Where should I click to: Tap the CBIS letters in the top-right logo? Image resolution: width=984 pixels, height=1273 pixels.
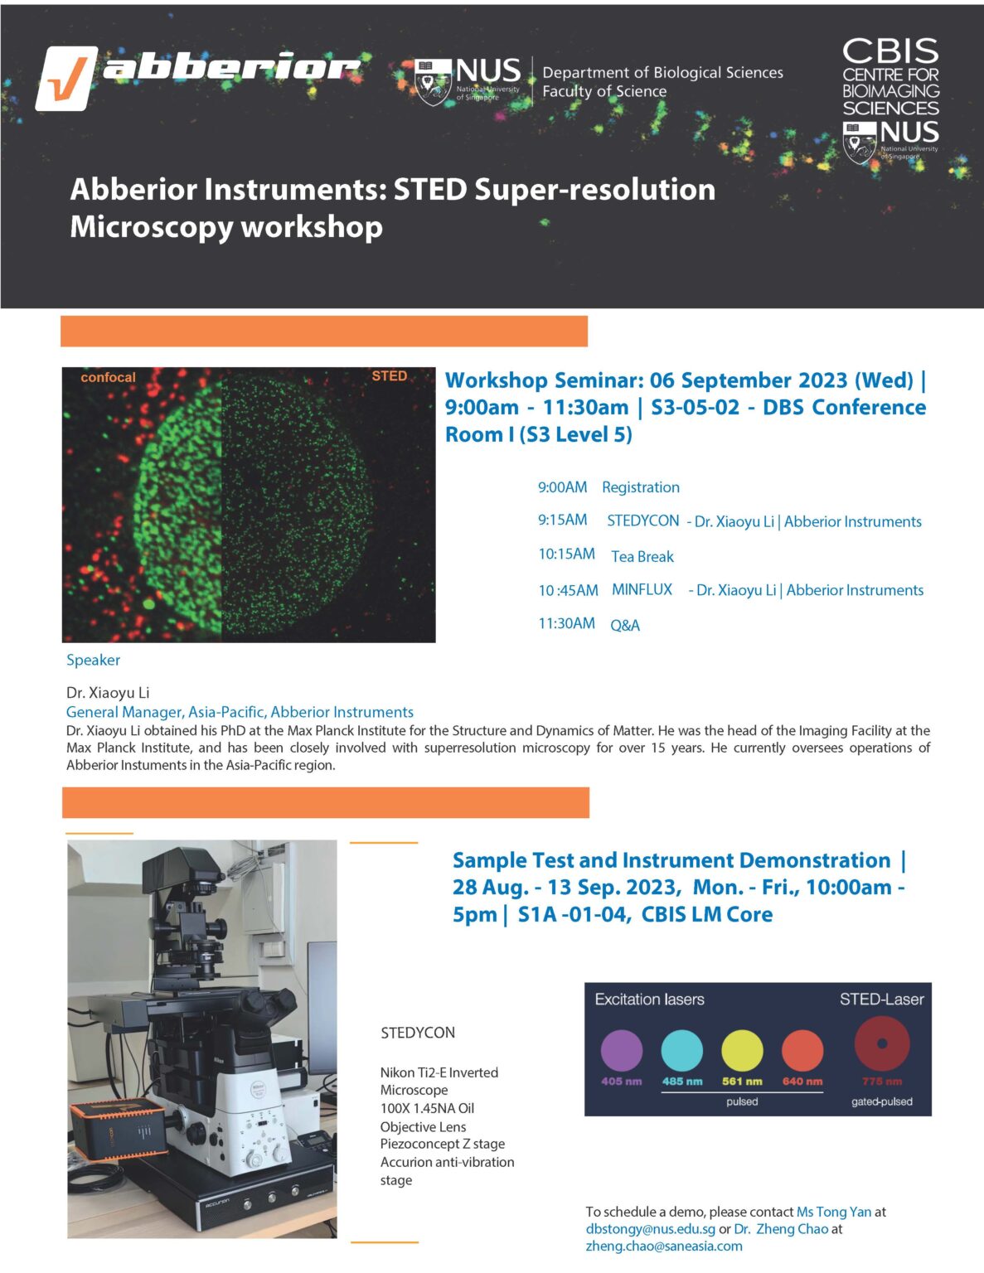(890, 51)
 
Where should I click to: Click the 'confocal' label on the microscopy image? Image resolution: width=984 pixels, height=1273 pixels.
(108, 377)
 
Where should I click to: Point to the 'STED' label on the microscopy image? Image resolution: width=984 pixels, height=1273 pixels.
(389, 376)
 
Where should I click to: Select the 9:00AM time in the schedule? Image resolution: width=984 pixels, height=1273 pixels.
(562, 487)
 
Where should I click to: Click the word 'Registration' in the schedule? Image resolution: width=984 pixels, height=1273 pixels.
(641, 487)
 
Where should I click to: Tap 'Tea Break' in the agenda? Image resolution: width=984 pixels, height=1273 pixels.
(642, 556)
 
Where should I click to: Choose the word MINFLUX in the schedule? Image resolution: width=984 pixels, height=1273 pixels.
(642, 589)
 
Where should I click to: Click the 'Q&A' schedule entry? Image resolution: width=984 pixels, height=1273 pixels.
(625, 625)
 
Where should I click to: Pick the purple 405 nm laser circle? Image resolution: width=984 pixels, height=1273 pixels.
(622, 1050)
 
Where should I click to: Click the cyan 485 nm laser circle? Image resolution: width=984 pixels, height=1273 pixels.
(681, 1050)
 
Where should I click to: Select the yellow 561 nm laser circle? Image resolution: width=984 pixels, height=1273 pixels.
(742, 1050)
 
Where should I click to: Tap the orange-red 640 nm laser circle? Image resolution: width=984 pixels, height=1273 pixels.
(802, 1050)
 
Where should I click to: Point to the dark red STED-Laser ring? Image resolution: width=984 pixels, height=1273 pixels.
(882, 1044)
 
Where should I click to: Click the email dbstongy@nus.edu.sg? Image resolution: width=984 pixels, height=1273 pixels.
(651, 1229)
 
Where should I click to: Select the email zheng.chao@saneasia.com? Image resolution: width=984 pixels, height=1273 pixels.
(664, 1246)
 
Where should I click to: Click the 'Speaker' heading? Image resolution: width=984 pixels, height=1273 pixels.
(93, 661)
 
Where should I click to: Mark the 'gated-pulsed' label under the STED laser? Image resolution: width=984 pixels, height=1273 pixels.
(882, 1101)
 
